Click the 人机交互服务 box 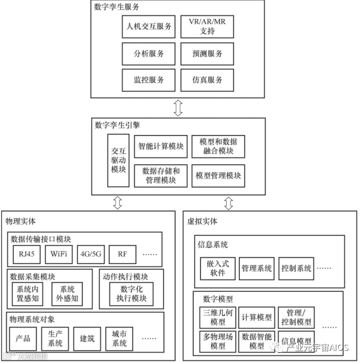point(149,27)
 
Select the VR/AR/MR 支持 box point(207,27)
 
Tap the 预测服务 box point(207,54)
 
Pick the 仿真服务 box point(207,80)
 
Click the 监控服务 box point(149,80)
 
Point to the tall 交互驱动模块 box point(118,160)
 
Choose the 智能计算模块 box point(161,146)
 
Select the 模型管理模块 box point(218,176)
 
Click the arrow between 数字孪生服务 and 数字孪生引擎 point(178,107)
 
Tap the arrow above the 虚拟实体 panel point(229,202)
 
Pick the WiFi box point(58,254)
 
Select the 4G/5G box point(90,254)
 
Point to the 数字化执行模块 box point(131,294)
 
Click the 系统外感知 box point(67,294)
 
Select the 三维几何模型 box point(218,317)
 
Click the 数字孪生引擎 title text point(117,125)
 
